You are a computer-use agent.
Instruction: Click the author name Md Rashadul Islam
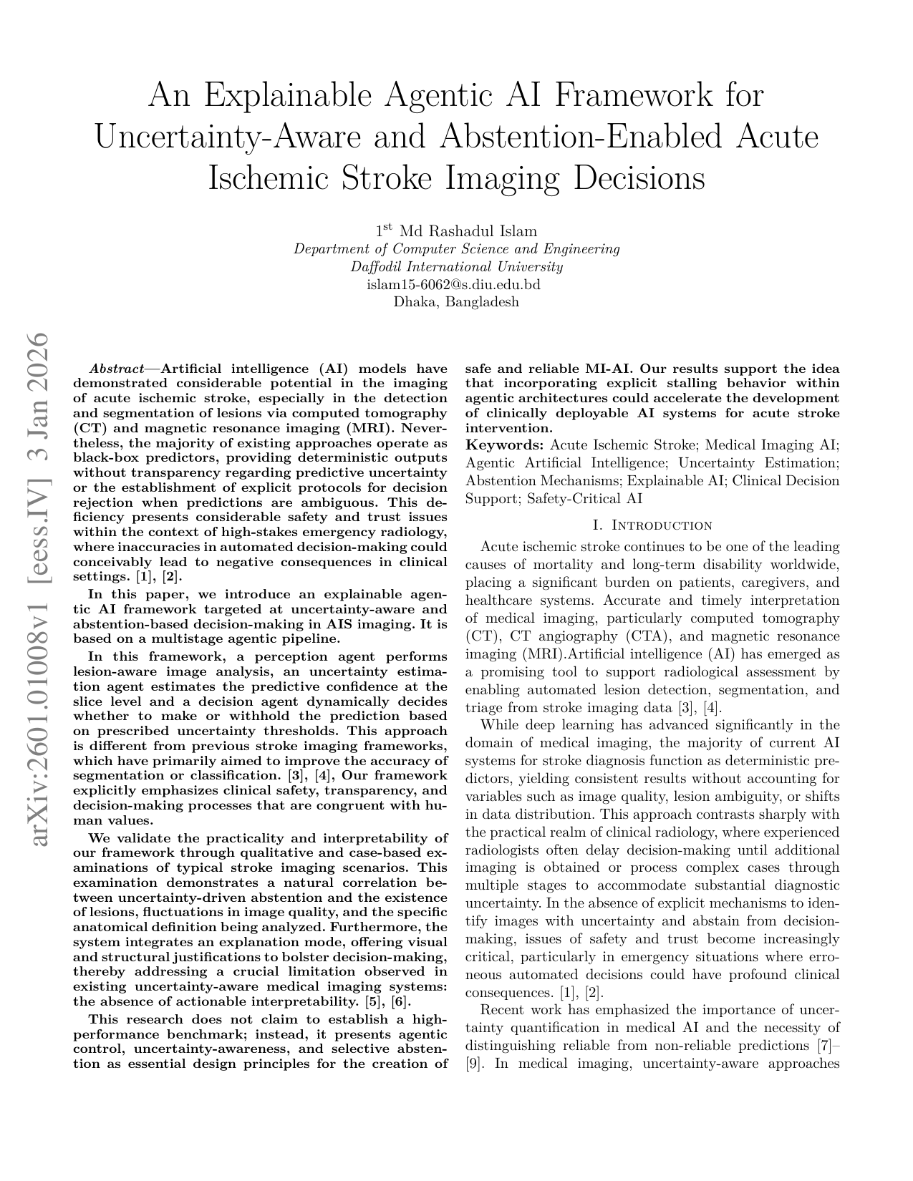[468, 231]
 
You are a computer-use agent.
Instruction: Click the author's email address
[456, 284]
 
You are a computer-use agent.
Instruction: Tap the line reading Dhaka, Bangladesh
[456, 301]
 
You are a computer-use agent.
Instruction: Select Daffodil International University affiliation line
[456, 267]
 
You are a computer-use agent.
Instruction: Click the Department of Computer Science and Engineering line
[456, 249]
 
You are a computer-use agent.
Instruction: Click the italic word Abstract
[116, 369]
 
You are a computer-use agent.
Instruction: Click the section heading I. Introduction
[652, 525]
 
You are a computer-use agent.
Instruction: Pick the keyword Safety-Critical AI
[585, 499]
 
